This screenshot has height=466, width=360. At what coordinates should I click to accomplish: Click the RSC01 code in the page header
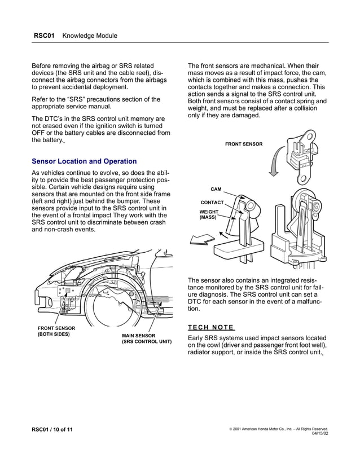click(44, 36)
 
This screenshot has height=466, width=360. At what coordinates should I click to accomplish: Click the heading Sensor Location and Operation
click(84, 161)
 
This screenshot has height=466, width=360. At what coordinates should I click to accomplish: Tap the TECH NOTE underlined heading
click(210, 327)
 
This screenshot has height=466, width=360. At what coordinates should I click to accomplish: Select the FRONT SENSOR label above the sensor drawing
click(244, 144)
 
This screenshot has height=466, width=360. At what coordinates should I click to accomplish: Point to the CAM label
click(216, 190)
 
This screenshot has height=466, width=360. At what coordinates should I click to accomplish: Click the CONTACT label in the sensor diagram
click(212, 202)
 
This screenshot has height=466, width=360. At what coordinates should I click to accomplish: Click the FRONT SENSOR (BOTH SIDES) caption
click(56, 331)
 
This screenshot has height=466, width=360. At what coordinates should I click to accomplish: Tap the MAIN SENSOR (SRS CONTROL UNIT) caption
click(146, 338)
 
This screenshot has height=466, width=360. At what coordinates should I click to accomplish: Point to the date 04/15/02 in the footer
click(319, 434)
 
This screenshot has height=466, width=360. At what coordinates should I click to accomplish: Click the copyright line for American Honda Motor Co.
click(279, 429)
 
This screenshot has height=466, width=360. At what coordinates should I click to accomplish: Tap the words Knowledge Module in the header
click(90, 36)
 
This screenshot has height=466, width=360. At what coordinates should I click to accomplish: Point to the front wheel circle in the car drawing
click(116, 309)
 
